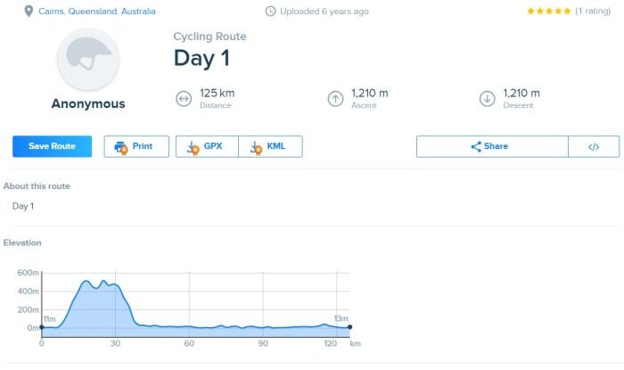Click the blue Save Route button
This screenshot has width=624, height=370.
pos(52,146)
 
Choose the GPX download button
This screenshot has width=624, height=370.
pos(207,146)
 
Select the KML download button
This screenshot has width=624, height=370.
pos(270,146)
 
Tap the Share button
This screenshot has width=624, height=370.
pos(491,146)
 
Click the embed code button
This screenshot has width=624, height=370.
pos(594,146)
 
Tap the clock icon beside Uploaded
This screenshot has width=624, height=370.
pos(270,12)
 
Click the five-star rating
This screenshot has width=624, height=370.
pos(550,12)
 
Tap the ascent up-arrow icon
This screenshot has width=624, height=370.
pos(335,98)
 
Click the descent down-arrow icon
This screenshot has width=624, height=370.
pos(487,98)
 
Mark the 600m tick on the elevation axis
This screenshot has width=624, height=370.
pos(28,273)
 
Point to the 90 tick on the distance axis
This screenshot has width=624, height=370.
pos(262,343)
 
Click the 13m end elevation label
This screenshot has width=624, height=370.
pos(341,318)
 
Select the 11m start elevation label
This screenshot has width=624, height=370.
pos(50,318)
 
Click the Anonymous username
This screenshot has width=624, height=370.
pos(88,103)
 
